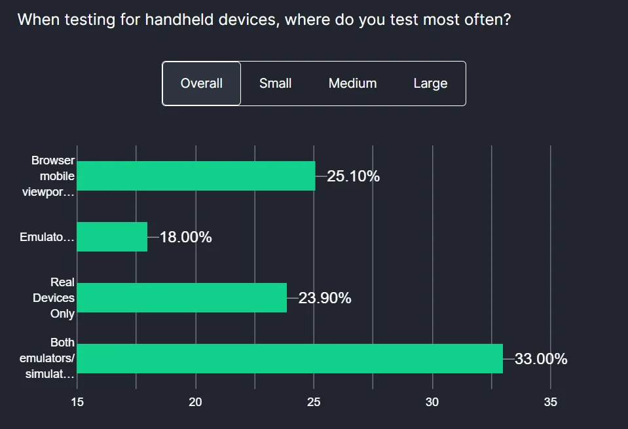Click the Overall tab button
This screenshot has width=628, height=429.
click(x=202, y=83)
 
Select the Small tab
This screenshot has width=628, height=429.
click(x=276, y=83)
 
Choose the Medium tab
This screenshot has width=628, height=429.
click(x=352, y=83)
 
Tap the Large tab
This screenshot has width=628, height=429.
click(x=430, y=83)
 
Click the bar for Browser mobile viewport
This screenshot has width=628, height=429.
click(x=196, y=176)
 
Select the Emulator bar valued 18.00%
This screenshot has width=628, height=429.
click(x=112, y=236)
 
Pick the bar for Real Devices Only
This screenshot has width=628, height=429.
click(x=182, y=297)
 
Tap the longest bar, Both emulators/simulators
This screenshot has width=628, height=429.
click(x=289, y=358)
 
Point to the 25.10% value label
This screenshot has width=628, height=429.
click(x=353, y=176)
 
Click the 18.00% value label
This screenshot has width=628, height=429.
click(x=185, y=237)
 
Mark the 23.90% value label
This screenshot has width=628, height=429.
click(x=325, y=298)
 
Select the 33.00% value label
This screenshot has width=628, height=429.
click(x=541, y=359)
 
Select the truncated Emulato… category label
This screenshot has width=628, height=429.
click(x=47, y=237)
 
